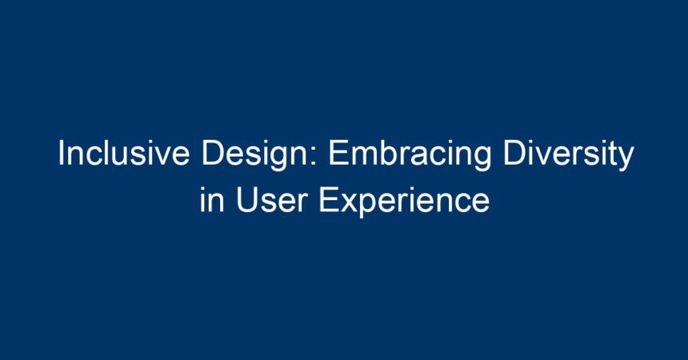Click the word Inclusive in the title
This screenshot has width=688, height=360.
(x=124, y=153)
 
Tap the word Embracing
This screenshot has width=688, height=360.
(x=410, y=155)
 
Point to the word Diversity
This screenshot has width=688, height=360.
(x=569, y=155)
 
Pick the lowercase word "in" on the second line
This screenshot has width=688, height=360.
(x=212, y=200)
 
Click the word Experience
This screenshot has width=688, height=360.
(x=404, y=202)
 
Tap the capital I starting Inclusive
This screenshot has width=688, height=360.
(x=61, y=153)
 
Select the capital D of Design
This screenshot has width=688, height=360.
(x=213, y=153)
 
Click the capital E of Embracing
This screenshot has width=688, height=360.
(x=339, y=153)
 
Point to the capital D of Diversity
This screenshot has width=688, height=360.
(x=514, y=153)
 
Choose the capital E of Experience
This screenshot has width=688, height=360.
(x=329, y=200)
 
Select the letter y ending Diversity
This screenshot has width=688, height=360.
(x=626, y=160)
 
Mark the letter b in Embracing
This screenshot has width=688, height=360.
(x=387, y=153)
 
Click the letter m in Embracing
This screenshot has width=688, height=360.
(x=365, y=157)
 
